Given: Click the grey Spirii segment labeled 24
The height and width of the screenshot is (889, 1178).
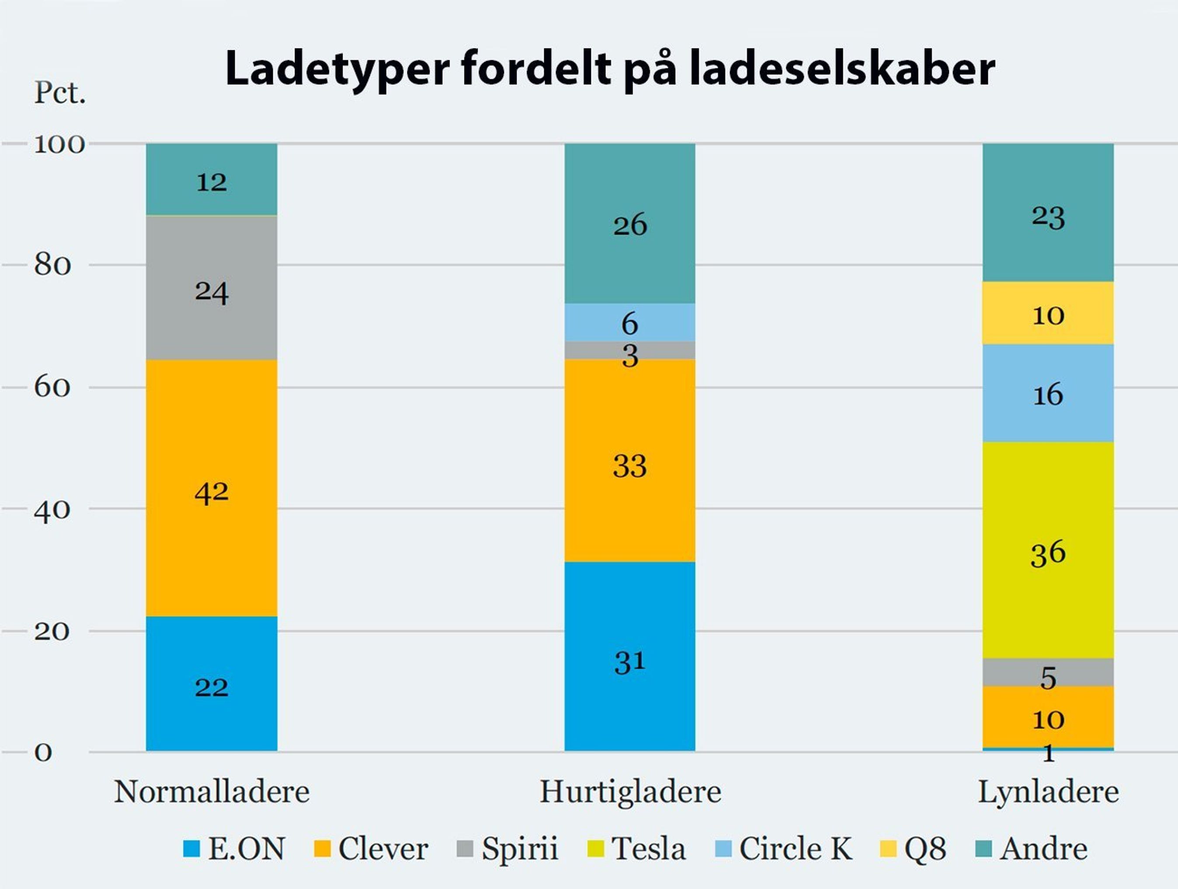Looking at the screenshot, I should point(212,288).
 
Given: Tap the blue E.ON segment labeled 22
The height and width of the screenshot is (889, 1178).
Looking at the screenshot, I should point(212,684).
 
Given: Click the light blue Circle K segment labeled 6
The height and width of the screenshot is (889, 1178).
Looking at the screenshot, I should point(629,322).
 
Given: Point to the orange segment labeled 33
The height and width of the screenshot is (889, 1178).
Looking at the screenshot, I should point(629,461).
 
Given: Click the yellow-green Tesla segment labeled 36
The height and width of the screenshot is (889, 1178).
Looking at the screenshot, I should point(1048,550).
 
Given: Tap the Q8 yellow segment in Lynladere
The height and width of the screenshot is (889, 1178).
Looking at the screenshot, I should point(1048,313).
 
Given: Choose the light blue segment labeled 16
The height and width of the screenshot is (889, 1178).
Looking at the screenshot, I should point(1048,393).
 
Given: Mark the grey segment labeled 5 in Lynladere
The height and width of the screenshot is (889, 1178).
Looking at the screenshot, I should point(1048,672).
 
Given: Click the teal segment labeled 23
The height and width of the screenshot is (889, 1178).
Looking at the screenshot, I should point(1048,213).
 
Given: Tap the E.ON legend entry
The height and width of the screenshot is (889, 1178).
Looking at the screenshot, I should point(234,848).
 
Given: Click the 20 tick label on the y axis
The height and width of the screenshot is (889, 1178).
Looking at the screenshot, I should point(52,631).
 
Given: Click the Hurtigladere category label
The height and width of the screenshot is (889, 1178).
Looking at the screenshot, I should point(630,792).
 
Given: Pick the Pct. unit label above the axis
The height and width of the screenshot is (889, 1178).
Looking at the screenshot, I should point(59,93).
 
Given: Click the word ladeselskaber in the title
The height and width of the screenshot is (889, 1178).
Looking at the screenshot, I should point(842,69).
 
